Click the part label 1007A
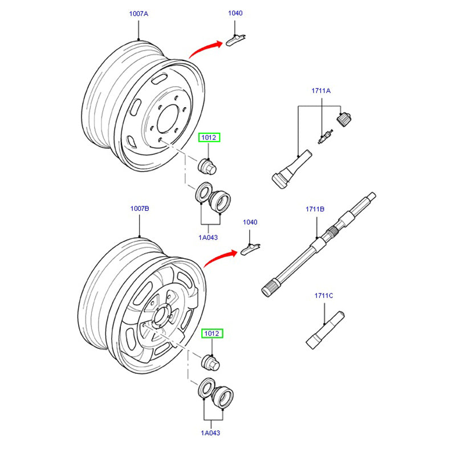[138, 14]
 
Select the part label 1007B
[139, 209]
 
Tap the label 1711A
[321, 91]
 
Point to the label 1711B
[315, 209]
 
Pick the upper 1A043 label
[209, 237]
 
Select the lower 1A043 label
[211, 433]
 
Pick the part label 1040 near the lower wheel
[250, 222]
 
